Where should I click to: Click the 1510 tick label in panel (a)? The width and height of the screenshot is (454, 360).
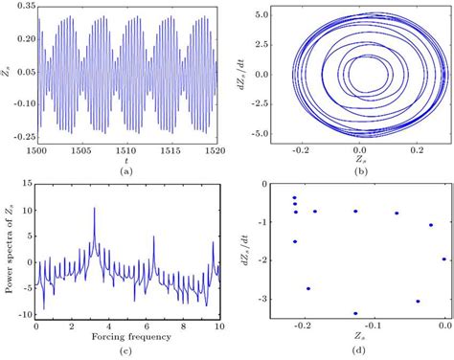tap(127, 156)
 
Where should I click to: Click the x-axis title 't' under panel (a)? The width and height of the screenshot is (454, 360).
tap(127, 165)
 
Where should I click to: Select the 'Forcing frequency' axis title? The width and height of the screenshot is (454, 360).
tap(127, 336)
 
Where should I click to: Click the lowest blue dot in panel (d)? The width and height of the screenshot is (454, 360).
tap(355, 313)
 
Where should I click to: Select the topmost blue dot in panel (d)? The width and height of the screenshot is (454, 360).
tap(294, 197)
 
